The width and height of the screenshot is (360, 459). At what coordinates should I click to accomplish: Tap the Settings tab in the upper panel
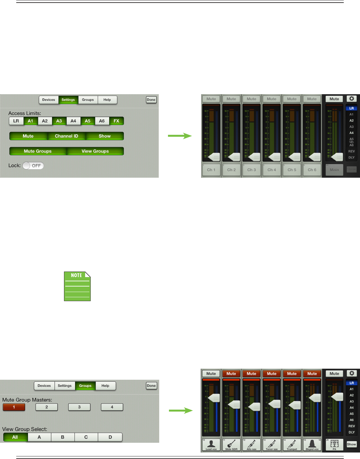(x=68, y=100)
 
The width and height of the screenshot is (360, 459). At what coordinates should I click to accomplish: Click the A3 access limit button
(x=59, y=121)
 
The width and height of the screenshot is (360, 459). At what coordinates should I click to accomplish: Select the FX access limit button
(x=116, y=121)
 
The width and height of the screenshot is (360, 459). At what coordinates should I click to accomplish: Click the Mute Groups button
(x=38, y=151)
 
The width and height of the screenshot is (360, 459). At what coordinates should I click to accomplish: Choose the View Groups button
(x=95, y=151)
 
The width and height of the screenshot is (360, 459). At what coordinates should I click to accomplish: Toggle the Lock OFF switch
(x=33, y=166)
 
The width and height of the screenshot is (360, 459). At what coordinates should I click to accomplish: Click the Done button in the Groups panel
(x=151, y=386)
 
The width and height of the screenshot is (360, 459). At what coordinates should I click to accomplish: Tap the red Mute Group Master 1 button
(x=14, y=407)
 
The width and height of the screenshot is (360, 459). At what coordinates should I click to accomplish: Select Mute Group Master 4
(x=112, y=407)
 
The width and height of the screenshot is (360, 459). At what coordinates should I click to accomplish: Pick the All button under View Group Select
(x=15, y=437)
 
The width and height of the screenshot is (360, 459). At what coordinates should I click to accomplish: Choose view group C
(x=86, y=437)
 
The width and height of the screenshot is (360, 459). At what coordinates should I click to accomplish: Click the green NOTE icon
(x=77, y=286)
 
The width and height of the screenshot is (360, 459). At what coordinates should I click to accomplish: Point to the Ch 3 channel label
(x=251, y=170)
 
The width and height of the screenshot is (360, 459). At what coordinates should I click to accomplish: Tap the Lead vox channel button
(x=211, y=445)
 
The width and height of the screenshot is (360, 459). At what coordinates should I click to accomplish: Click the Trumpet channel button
(x=292, y=445)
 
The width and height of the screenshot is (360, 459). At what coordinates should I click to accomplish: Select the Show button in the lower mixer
(x=352, y=444)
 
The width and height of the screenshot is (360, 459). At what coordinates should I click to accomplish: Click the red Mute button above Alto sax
(x=251, y=374)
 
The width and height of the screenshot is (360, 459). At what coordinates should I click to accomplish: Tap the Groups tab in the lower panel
(x=85, y=386)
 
